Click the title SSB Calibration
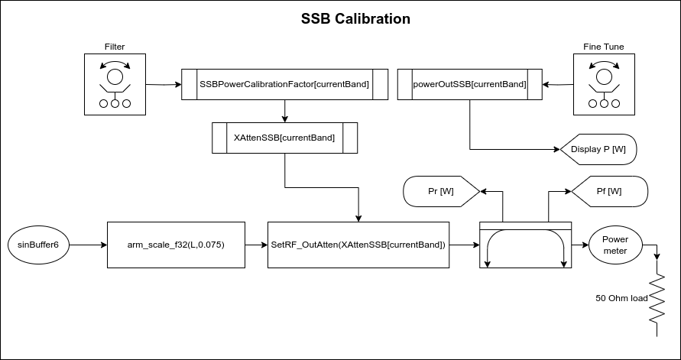[x=355, y=18]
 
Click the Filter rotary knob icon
[x=115, y=84]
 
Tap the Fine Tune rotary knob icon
[x=604, y=84]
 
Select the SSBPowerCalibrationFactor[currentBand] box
[x=284, y=84]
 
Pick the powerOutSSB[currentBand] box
[x=469, y=84]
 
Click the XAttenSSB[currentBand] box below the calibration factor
[x=284, y=138]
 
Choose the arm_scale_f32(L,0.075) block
[x=176, y=245]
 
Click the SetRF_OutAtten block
[x=358, y=245]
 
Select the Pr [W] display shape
[x=440, y=191]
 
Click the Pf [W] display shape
[x=609, y=191]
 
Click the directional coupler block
[x=525, y=245]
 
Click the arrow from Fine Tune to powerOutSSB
[x=557, y=84]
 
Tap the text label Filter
[x=115, y=47]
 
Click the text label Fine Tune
[x=604, y=47]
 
